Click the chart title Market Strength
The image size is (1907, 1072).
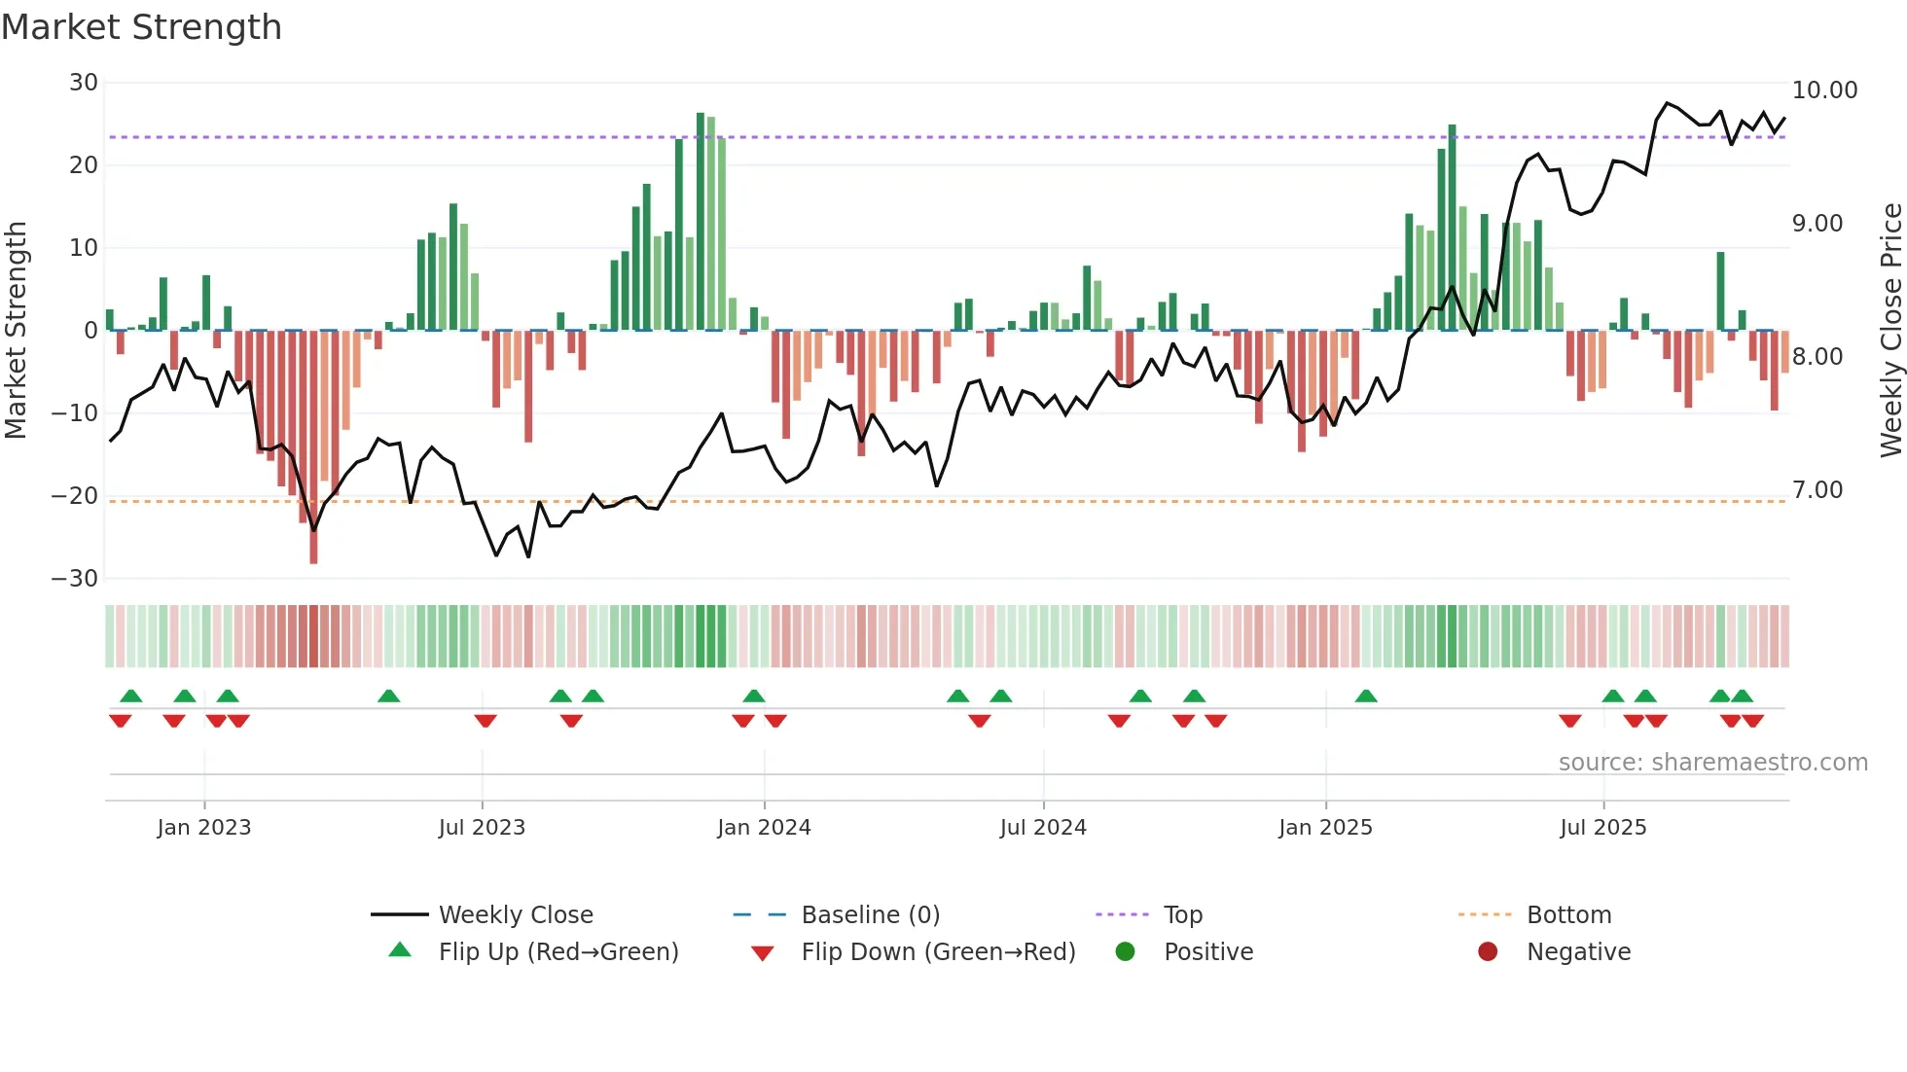[141, 27]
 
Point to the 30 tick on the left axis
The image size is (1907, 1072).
[84, 83]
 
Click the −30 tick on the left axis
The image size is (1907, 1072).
[75, 579]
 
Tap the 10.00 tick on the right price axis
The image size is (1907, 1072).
[1824, 90]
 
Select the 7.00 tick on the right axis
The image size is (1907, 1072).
[1817, 490]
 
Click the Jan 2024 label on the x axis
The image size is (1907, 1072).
[764, 828]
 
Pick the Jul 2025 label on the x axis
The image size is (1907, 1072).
[1602, 828]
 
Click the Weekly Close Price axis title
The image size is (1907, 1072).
[1890, 331]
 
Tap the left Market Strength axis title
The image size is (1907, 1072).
[17, 331]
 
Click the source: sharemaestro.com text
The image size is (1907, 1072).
[1712, 763]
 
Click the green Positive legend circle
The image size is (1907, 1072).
[1125, 952]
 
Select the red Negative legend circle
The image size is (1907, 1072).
[1488, 952]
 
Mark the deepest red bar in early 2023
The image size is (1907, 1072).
[313, 447]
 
